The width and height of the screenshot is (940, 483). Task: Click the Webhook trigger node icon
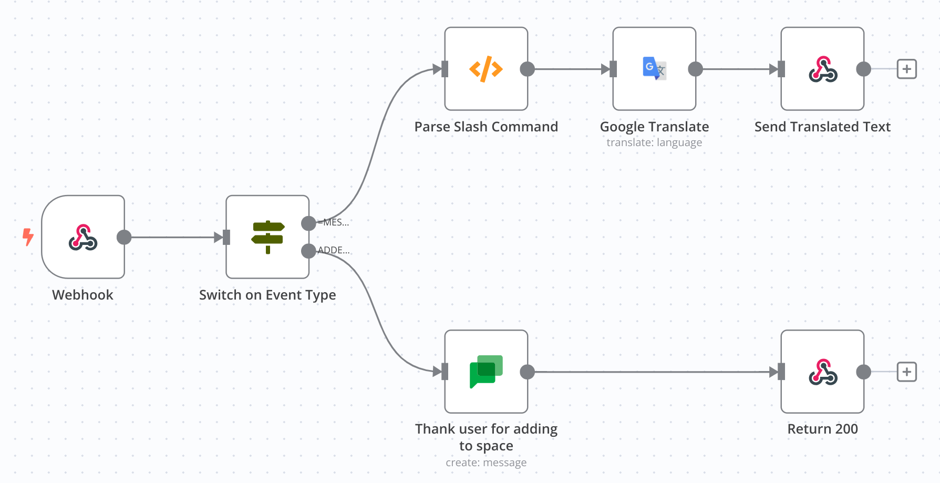pos(83,237)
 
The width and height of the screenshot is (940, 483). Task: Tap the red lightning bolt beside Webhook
pos(28,237)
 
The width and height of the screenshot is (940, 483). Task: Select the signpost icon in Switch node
pos(267,237)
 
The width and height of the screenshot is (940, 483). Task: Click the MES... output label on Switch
pos(335,222)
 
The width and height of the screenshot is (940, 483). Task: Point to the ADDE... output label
pos(334,250)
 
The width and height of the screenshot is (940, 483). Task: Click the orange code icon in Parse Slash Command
pos(486,69)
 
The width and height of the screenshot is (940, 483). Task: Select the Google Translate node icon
pos(654,69)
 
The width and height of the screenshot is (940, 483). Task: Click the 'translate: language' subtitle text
pos(654,142)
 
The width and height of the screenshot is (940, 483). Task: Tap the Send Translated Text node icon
pos(822,69)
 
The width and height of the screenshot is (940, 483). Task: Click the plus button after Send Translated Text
pos(906,69)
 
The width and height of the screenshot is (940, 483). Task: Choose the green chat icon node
pos(486,372)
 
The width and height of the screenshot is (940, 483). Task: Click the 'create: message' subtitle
pos(486,463)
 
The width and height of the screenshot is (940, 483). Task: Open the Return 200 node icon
pos(822,372)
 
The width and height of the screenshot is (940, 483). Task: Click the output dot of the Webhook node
pos(124,237)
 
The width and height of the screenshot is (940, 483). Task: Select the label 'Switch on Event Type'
pos(267,295)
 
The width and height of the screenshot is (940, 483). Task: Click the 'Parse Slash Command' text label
pos(486,127)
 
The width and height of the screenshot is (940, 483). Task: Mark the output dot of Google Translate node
pos(695,69)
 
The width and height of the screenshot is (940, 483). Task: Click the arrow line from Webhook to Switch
pos(173,237)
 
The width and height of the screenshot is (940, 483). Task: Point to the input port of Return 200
pos(781,372)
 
